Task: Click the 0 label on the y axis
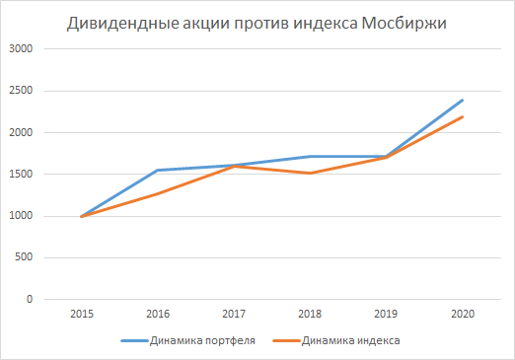(29, 299)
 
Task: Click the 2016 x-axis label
(157, 314)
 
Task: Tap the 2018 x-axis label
(310, 314)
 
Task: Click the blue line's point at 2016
(157, 170)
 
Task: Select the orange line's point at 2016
(157, 193)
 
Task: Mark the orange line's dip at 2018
(310, 173)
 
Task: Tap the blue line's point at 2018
(310, 156)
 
